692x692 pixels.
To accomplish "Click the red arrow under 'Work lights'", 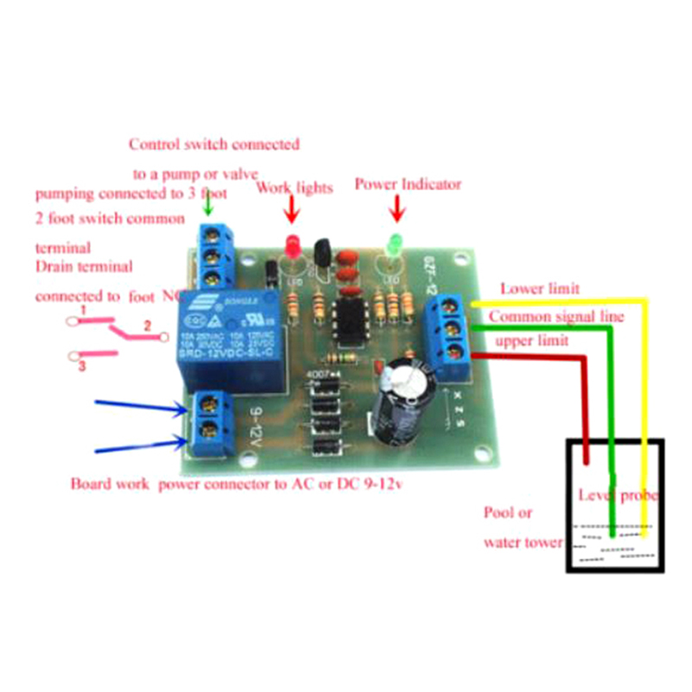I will point(292,208).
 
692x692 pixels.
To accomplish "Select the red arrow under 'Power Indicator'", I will point(398,208).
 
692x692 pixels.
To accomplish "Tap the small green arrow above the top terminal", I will point(205,206).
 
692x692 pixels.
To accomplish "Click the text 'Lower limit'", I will point(540,289).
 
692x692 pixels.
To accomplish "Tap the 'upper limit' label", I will point(531,341).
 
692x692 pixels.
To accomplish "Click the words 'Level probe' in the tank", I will point(618,496).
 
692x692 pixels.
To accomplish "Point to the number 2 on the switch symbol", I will point(147,326).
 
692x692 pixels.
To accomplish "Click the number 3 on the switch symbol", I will point(82,366).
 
